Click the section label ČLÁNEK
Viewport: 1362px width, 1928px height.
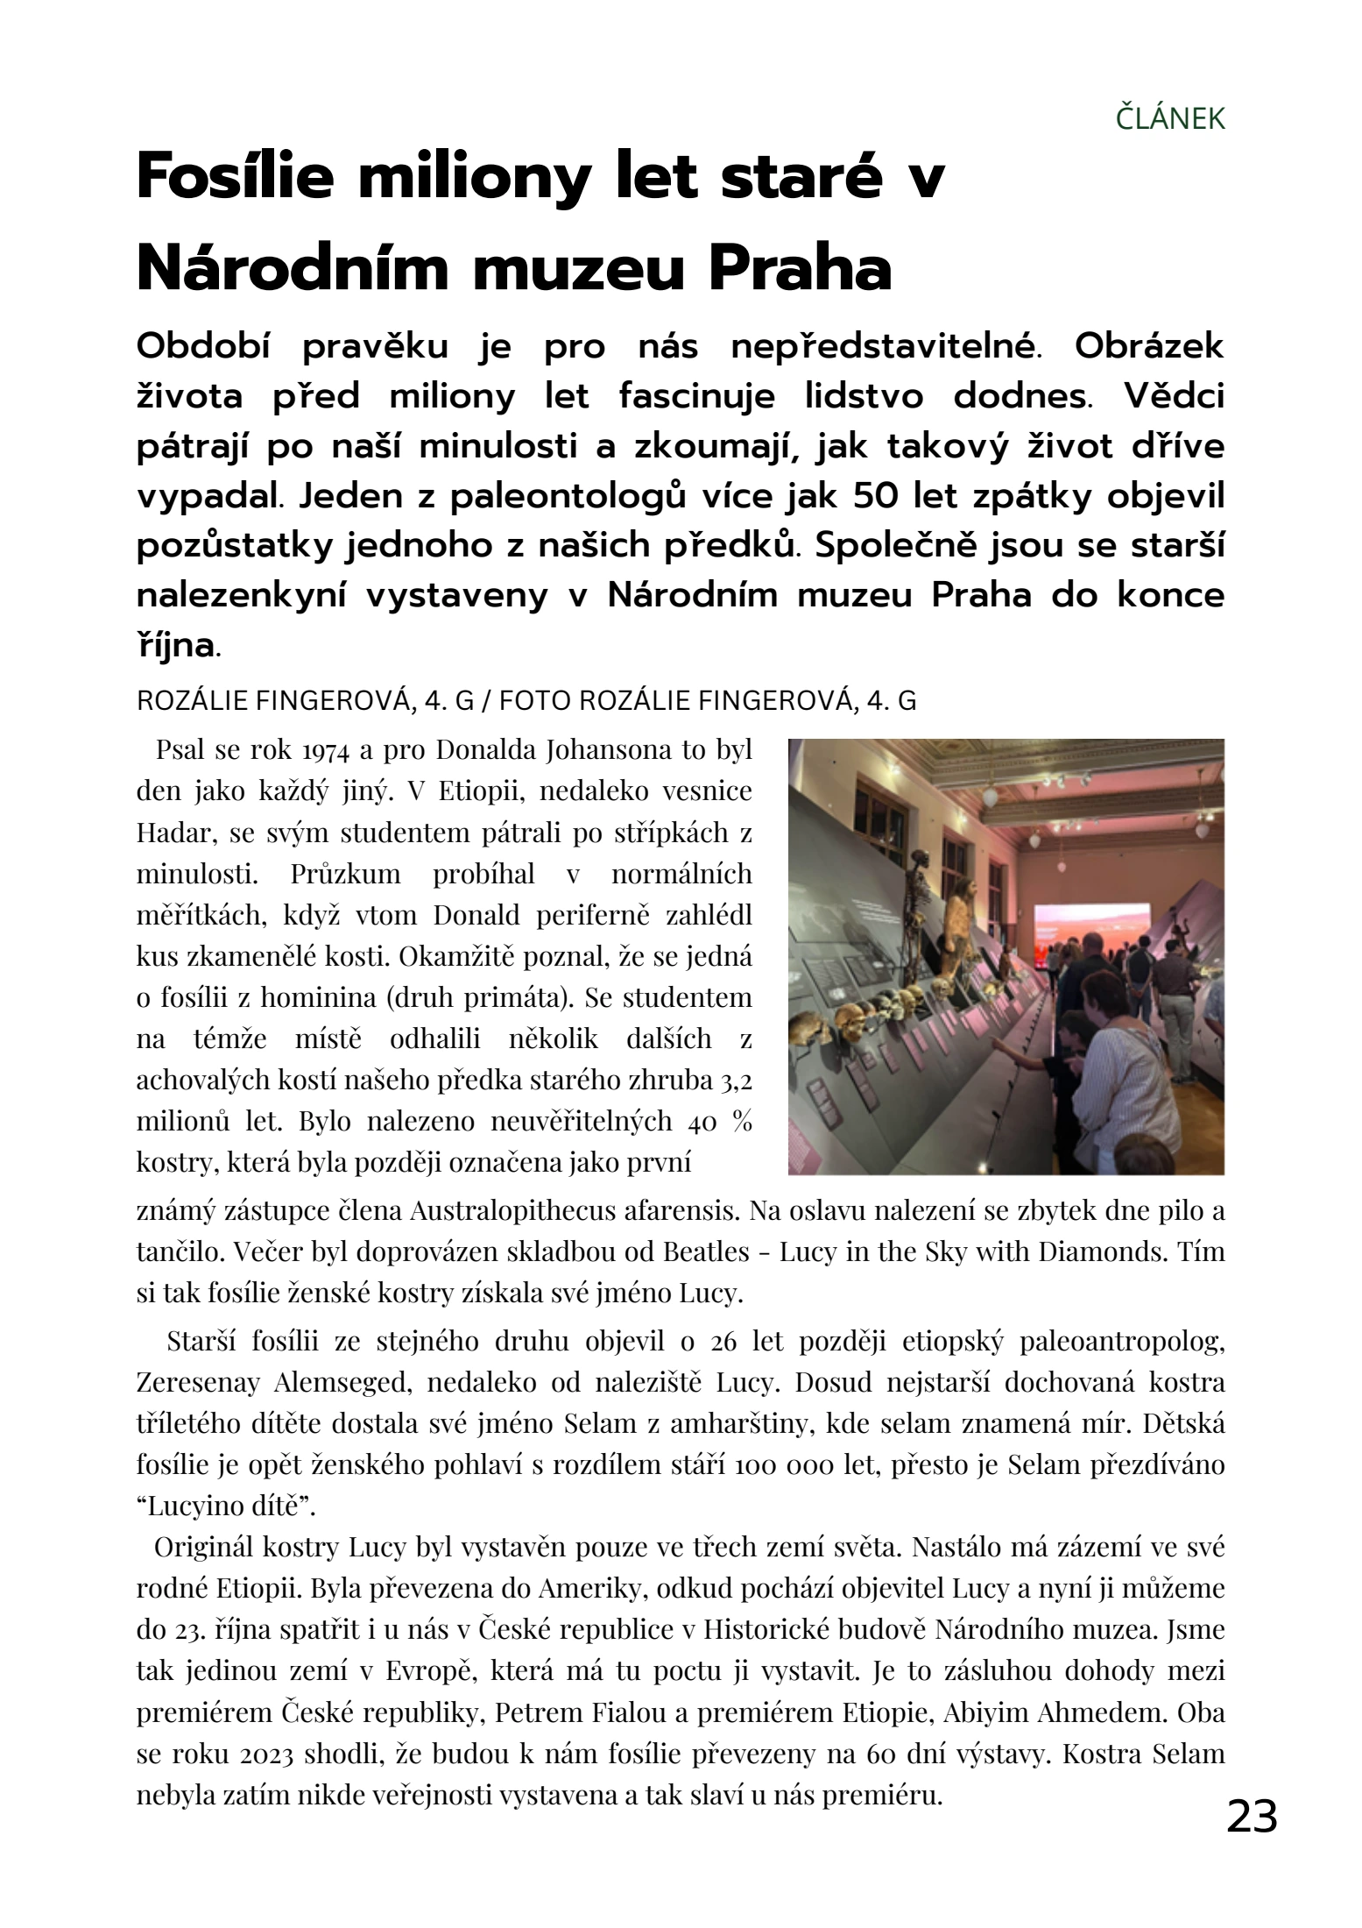click(x=1170, y=118)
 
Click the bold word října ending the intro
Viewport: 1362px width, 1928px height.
click(x=175, y=647)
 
